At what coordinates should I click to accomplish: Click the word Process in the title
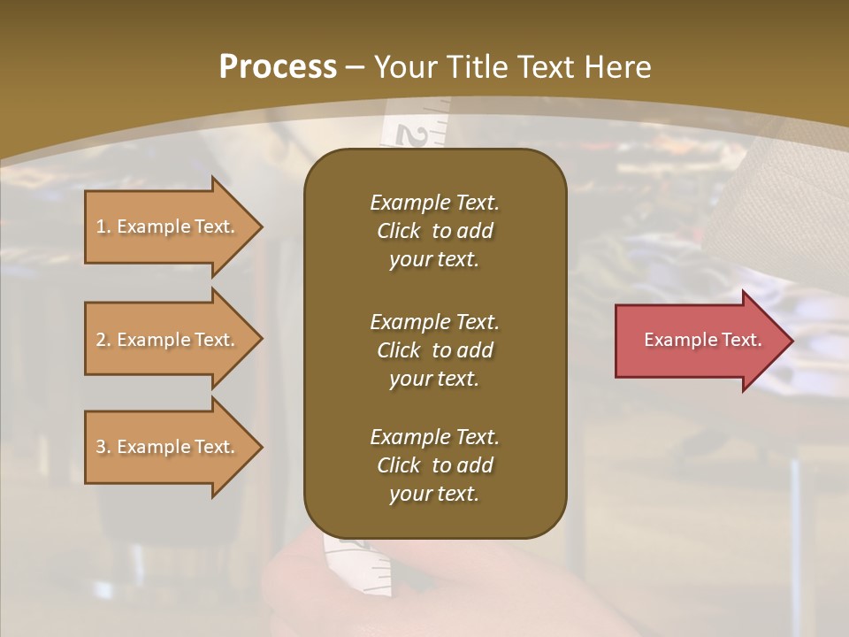tap(278, 67)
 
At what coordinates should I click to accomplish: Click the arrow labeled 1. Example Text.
tap(168, 226)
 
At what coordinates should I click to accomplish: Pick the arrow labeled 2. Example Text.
tap(168, 340)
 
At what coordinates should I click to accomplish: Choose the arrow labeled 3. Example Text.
tap(168, 447)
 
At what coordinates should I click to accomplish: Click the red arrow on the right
tap(699, 340)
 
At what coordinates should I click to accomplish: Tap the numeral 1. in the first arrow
tap(103, 226)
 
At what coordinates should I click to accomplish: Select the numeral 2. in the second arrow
tap(103, 340)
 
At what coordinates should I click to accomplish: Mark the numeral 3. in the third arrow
tap(103, 447)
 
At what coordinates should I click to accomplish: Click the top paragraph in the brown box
tap(434, 231)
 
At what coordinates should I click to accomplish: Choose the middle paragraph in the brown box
tap(434, 349)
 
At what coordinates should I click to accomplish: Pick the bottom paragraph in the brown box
tap(434, 464)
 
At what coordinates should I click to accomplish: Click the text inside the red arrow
tap(702, 340)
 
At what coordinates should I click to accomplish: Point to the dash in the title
tap(356, 67)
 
